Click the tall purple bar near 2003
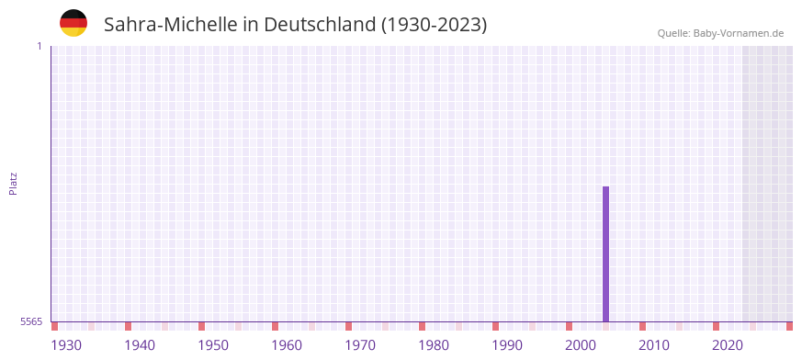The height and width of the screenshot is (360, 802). (605, 253)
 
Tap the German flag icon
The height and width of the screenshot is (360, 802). (73, 23)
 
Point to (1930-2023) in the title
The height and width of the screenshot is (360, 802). (434, 25)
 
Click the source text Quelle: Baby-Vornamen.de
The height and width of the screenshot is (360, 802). (720, 33)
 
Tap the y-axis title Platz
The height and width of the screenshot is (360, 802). (13, 183)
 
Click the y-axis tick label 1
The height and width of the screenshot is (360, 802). (39, 46)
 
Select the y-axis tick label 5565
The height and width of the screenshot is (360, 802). (30, 321)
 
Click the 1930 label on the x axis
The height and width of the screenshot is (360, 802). (66, 345)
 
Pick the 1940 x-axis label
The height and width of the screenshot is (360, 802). (140, 345)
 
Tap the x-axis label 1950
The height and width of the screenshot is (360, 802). (213, 345)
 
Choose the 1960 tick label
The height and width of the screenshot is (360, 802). (287, 345)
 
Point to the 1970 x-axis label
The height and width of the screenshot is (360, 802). (360, 345)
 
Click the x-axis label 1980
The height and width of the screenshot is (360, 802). (434, 345)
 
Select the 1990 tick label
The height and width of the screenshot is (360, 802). (507, 345)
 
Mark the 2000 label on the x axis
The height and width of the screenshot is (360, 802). (581, 345)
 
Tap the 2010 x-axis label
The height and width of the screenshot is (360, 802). (654, 345)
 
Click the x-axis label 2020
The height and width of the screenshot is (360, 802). (728, 345)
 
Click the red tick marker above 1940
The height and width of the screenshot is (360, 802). (128, 326)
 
